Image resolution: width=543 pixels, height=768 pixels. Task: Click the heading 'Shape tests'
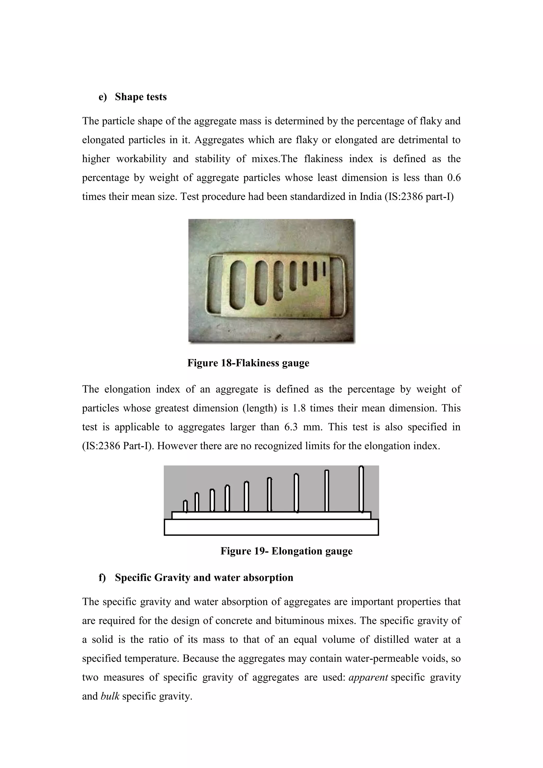(x=141, y=97)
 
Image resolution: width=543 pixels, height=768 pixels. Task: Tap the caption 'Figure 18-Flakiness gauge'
(x=248, y=363)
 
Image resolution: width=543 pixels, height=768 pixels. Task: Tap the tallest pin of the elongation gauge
(x=361, y=489)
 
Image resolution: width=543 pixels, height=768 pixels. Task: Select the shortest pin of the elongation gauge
(x=186, y=506)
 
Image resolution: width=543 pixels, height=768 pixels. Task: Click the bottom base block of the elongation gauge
(x=271, y=527)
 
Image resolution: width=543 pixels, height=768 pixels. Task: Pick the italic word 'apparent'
(x=368, y=677)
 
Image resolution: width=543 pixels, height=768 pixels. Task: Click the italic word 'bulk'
(x=110, y=696)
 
